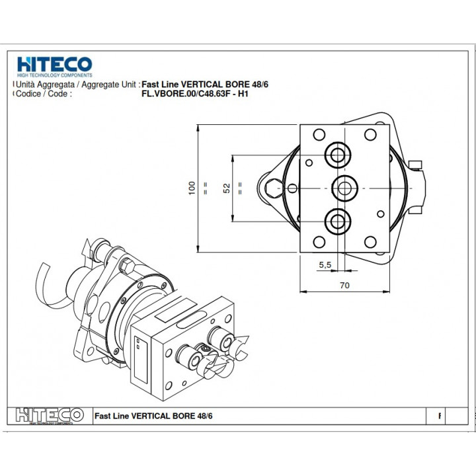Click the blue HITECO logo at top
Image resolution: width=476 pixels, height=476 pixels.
pos(55,67)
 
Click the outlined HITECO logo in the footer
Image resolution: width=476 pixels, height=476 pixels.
pos(50,416)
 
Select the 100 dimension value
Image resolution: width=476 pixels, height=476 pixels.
pos(192,188)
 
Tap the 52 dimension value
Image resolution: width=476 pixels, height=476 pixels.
pos(227,188)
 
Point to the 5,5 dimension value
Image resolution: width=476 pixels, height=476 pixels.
pos(325,265)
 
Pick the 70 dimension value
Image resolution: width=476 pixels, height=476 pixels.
pos(344,286)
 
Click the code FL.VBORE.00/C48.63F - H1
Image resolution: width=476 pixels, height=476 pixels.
pos(195,94)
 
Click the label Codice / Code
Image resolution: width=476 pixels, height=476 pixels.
pos(44,93)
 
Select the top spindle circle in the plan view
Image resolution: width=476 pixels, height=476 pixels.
pos(338,155)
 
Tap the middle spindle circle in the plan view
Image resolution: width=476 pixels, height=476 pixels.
pos(344,188)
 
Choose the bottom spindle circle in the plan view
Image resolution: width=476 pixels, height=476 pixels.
pos(338,221)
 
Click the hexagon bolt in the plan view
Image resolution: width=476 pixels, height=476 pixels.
pos(274,188)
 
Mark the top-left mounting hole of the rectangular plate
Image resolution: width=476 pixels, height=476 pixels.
pos(319,134)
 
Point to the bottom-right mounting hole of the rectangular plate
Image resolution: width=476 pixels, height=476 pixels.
pos(370,242)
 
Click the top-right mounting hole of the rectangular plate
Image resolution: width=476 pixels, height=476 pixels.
pos(370,134)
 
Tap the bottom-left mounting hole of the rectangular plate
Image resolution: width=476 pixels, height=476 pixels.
pos(319,242)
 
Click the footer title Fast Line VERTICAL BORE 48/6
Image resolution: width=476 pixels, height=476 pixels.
pos(153,416)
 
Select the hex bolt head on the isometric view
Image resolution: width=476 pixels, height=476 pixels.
pos(127,266)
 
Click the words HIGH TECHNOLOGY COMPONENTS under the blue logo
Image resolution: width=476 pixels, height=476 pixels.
pos(55,75)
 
